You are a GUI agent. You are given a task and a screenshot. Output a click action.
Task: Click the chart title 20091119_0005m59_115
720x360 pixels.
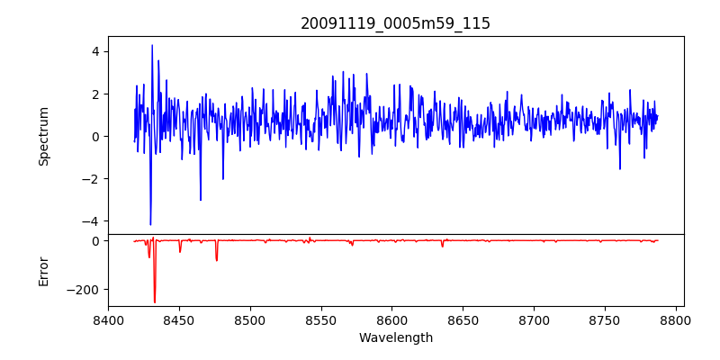pos(395,23)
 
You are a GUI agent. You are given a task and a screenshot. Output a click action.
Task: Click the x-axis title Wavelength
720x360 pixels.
pos(395,338)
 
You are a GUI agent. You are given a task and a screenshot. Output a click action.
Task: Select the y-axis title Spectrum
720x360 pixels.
pos(43,136)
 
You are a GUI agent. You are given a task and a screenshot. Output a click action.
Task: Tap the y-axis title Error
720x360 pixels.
pos(43,271)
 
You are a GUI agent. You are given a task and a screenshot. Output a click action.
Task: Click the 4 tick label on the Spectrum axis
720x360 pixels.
pos(94,51)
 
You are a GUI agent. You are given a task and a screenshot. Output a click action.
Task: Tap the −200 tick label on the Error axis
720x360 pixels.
pos(85,290)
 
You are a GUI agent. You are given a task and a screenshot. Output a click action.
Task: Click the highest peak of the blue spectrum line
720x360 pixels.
pos(152,45)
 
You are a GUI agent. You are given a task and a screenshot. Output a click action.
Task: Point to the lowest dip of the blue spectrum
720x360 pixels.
pos(150,225)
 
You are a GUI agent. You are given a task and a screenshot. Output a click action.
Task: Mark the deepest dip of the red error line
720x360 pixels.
pos(155,302)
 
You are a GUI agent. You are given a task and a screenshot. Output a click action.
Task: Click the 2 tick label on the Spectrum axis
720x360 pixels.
pos(94,94)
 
